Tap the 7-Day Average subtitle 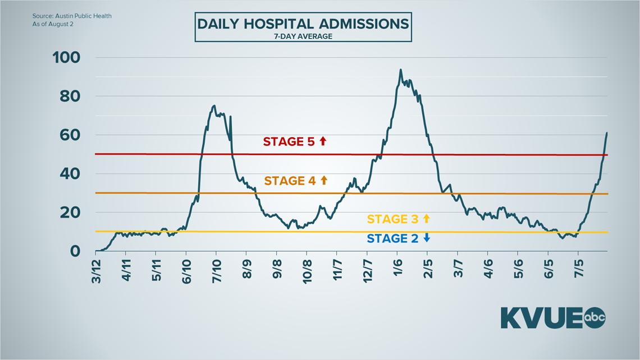click(303, 37)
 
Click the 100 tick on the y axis click(66, 58)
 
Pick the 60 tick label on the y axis click(70, 135)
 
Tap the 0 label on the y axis click(75, 252)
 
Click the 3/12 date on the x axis click(97, 272)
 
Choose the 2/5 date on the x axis click(428, 272)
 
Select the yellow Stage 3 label click(392, 219)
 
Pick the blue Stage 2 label click(392, 239)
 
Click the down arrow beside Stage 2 click(427, 239)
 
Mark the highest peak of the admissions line click(400, 70)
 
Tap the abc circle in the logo click(596, 317)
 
